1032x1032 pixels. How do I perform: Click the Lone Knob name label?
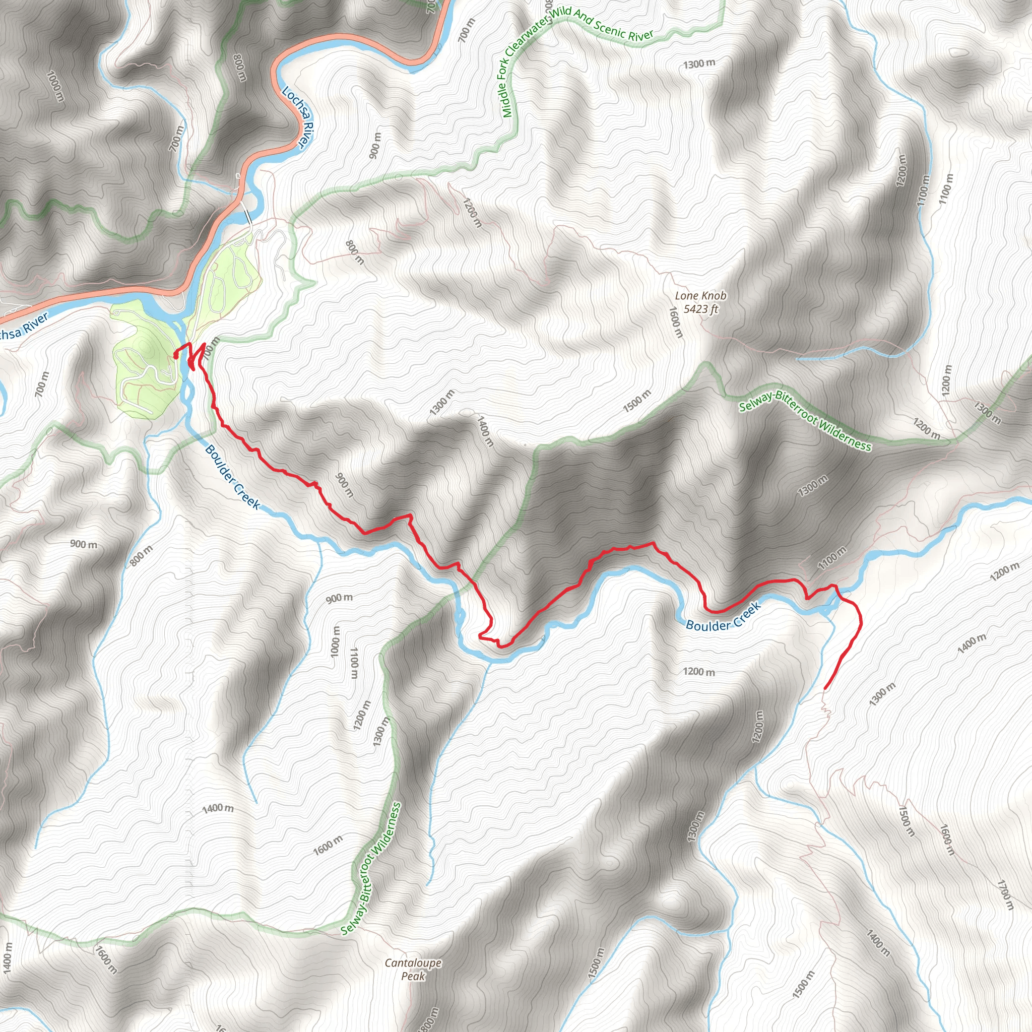point(700,295)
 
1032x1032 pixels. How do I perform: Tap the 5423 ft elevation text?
point(701,309)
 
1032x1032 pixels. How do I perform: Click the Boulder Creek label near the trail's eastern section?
point(723,617)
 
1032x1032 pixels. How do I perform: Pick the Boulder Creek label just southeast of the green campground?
point(232,477)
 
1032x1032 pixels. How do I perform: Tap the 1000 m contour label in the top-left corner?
point(54,88)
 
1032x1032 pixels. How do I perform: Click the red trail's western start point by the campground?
point(176,356)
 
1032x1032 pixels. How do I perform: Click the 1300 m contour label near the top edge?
point(699,63)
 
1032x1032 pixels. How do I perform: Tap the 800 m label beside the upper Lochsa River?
point(240,67)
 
